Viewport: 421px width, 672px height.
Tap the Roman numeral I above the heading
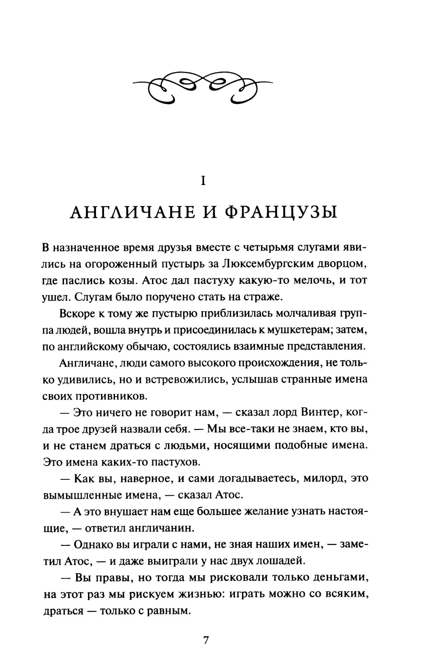point(203,181)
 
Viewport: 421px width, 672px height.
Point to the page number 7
point(206,640)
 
